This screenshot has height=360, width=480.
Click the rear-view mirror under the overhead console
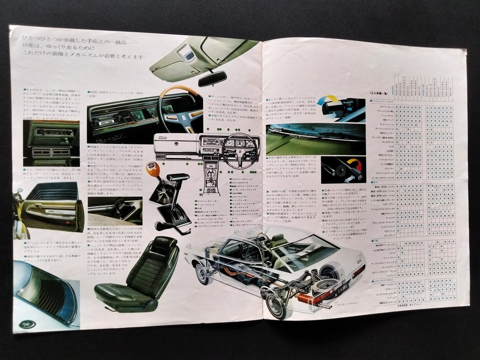pyautogui.click(x=212, y=78)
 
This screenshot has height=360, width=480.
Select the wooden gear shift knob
pyautogui.click(x=153, y=170)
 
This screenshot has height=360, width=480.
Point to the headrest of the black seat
pyautogui.click(x=162, y=246)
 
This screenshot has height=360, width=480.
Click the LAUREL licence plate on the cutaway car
pyautogui.click(x=331, y=296)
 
